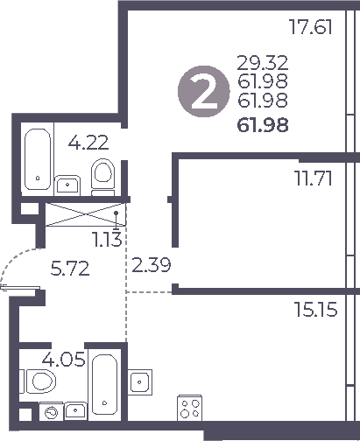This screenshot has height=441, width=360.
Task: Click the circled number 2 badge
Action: (201, 94)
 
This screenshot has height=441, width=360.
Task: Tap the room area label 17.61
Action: (314, 27)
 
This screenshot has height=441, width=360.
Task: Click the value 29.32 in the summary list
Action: (263, 63)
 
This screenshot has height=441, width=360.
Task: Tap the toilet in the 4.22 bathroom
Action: (102, 175)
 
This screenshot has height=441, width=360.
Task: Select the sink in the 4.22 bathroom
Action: (67, 184)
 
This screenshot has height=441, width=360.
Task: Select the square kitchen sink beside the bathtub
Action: (142, 382)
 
